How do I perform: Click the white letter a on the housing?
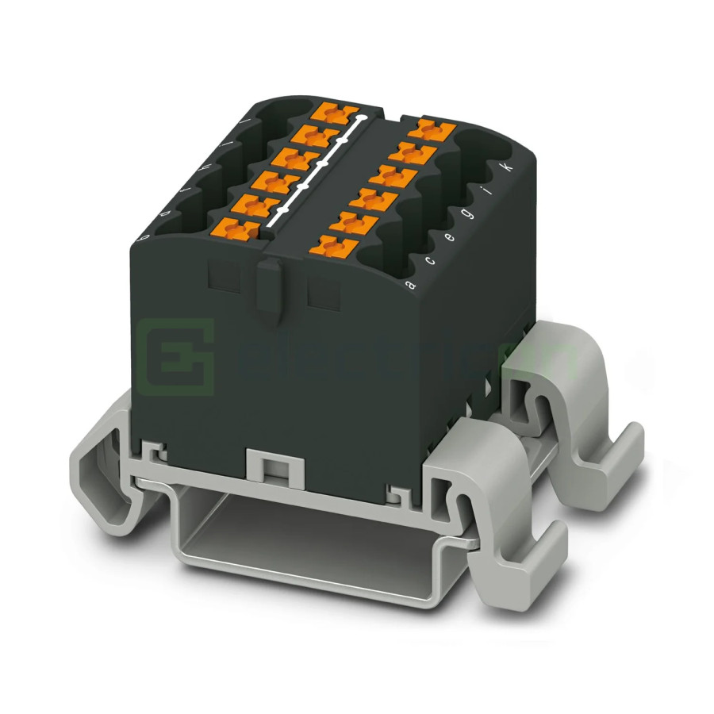[x=409, y=284]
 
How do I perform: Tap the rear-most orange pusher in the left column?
[x=328, y=112]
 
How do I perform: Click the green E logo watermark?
[x=175, y=358]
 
